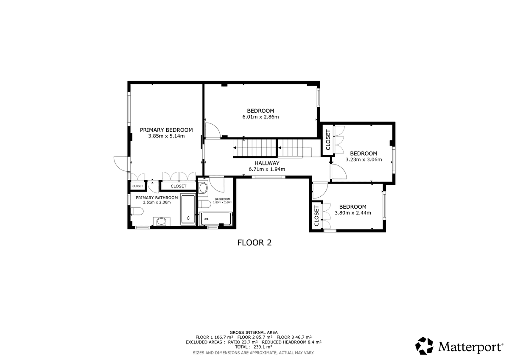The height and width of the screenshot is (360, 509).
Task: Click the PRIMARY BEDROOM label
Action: pos(166,130)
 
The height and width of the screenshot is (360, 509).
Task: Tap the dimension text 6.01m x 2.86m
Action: pos(260,117)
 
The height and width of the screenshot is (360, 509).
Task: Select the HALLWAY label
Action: pos(267,163)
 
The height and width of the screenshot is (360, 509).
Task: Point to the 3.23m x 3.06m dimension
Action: pos(364,159)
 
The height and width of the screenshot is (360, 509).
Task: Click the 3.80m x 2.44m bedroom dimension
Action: pos(352,213)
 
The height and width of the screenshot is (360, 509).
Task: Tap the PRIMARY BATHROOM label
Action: pos(157,198)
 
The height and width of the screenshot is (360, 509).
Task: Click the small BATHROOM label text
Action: pos(222,199)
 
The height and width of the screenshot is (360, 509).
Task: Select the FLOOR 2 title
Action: pos(254,243)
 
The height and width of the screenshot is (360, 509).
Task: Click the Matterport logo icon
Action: pos(424,346)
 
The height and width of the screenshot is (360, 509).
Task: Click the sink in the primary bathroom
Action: pos(162,221)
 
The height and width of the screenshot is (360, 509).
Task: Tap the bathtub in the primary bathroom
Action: pos(188,209)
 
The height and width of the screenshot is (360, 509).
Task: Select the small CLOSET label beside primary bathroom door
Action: pos(137,186)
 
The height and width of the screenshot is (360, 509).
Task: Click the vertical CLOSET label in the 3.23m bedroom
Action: pos(328,140)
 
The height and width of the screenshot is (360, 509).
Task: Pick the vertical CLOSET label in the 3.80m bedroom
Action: pos(316,216)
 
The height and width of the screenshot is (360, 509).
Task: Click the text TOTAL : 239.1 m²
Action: pos(254,347)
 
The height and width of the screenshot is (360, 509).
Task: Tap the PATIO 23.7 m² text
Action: pos(243,342)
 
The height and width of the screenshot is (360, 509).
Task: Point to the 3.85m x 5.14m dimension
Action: pos(166,136)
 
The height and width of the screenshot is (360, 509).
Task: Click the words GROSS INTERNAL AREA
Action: pos(254,332)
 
